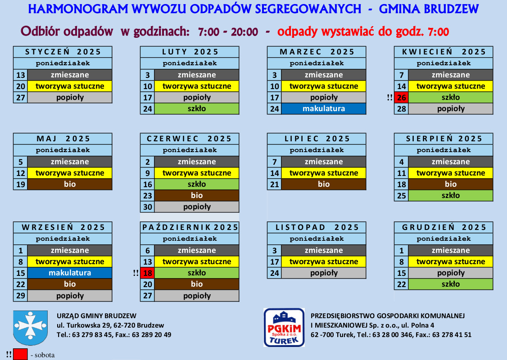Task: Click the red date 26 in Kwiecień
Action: [401, 97]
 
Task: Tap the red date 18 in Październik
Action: [147, 273]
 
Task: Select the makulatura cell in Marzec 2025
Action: [324, 108]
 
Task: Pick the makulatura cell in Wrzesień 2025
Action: [70, 273]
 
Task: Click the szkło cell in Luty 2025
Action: [197, 108]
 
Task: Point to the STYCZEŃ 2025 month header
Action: [63, 52]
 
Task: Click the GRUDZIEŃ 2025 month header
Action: [444, 228]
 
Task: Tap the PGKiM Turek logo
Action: [284, 327]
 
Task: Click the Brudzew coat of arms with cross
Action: [31, 327]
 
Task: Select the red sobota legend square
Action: [20, 355]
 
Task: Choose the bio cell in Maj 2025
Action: [70, 184]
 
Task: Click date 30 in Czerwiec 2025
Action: [147, 207]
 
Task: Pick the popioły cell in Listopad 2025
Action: [324, 273]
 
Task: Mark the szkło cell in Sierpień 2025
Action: [451, 195]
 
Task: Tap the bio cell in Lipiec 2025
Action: [324, 184]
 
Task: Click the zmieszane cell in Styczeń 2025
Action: [70, 75]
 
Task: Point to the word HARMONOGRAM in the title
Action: [78, 9]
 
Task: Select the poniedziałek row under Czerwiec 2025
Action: [190, 150]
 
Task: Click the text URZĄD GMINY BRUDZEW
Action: [97, 316]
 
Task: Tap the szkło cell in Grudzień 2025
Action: [451, 284]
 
